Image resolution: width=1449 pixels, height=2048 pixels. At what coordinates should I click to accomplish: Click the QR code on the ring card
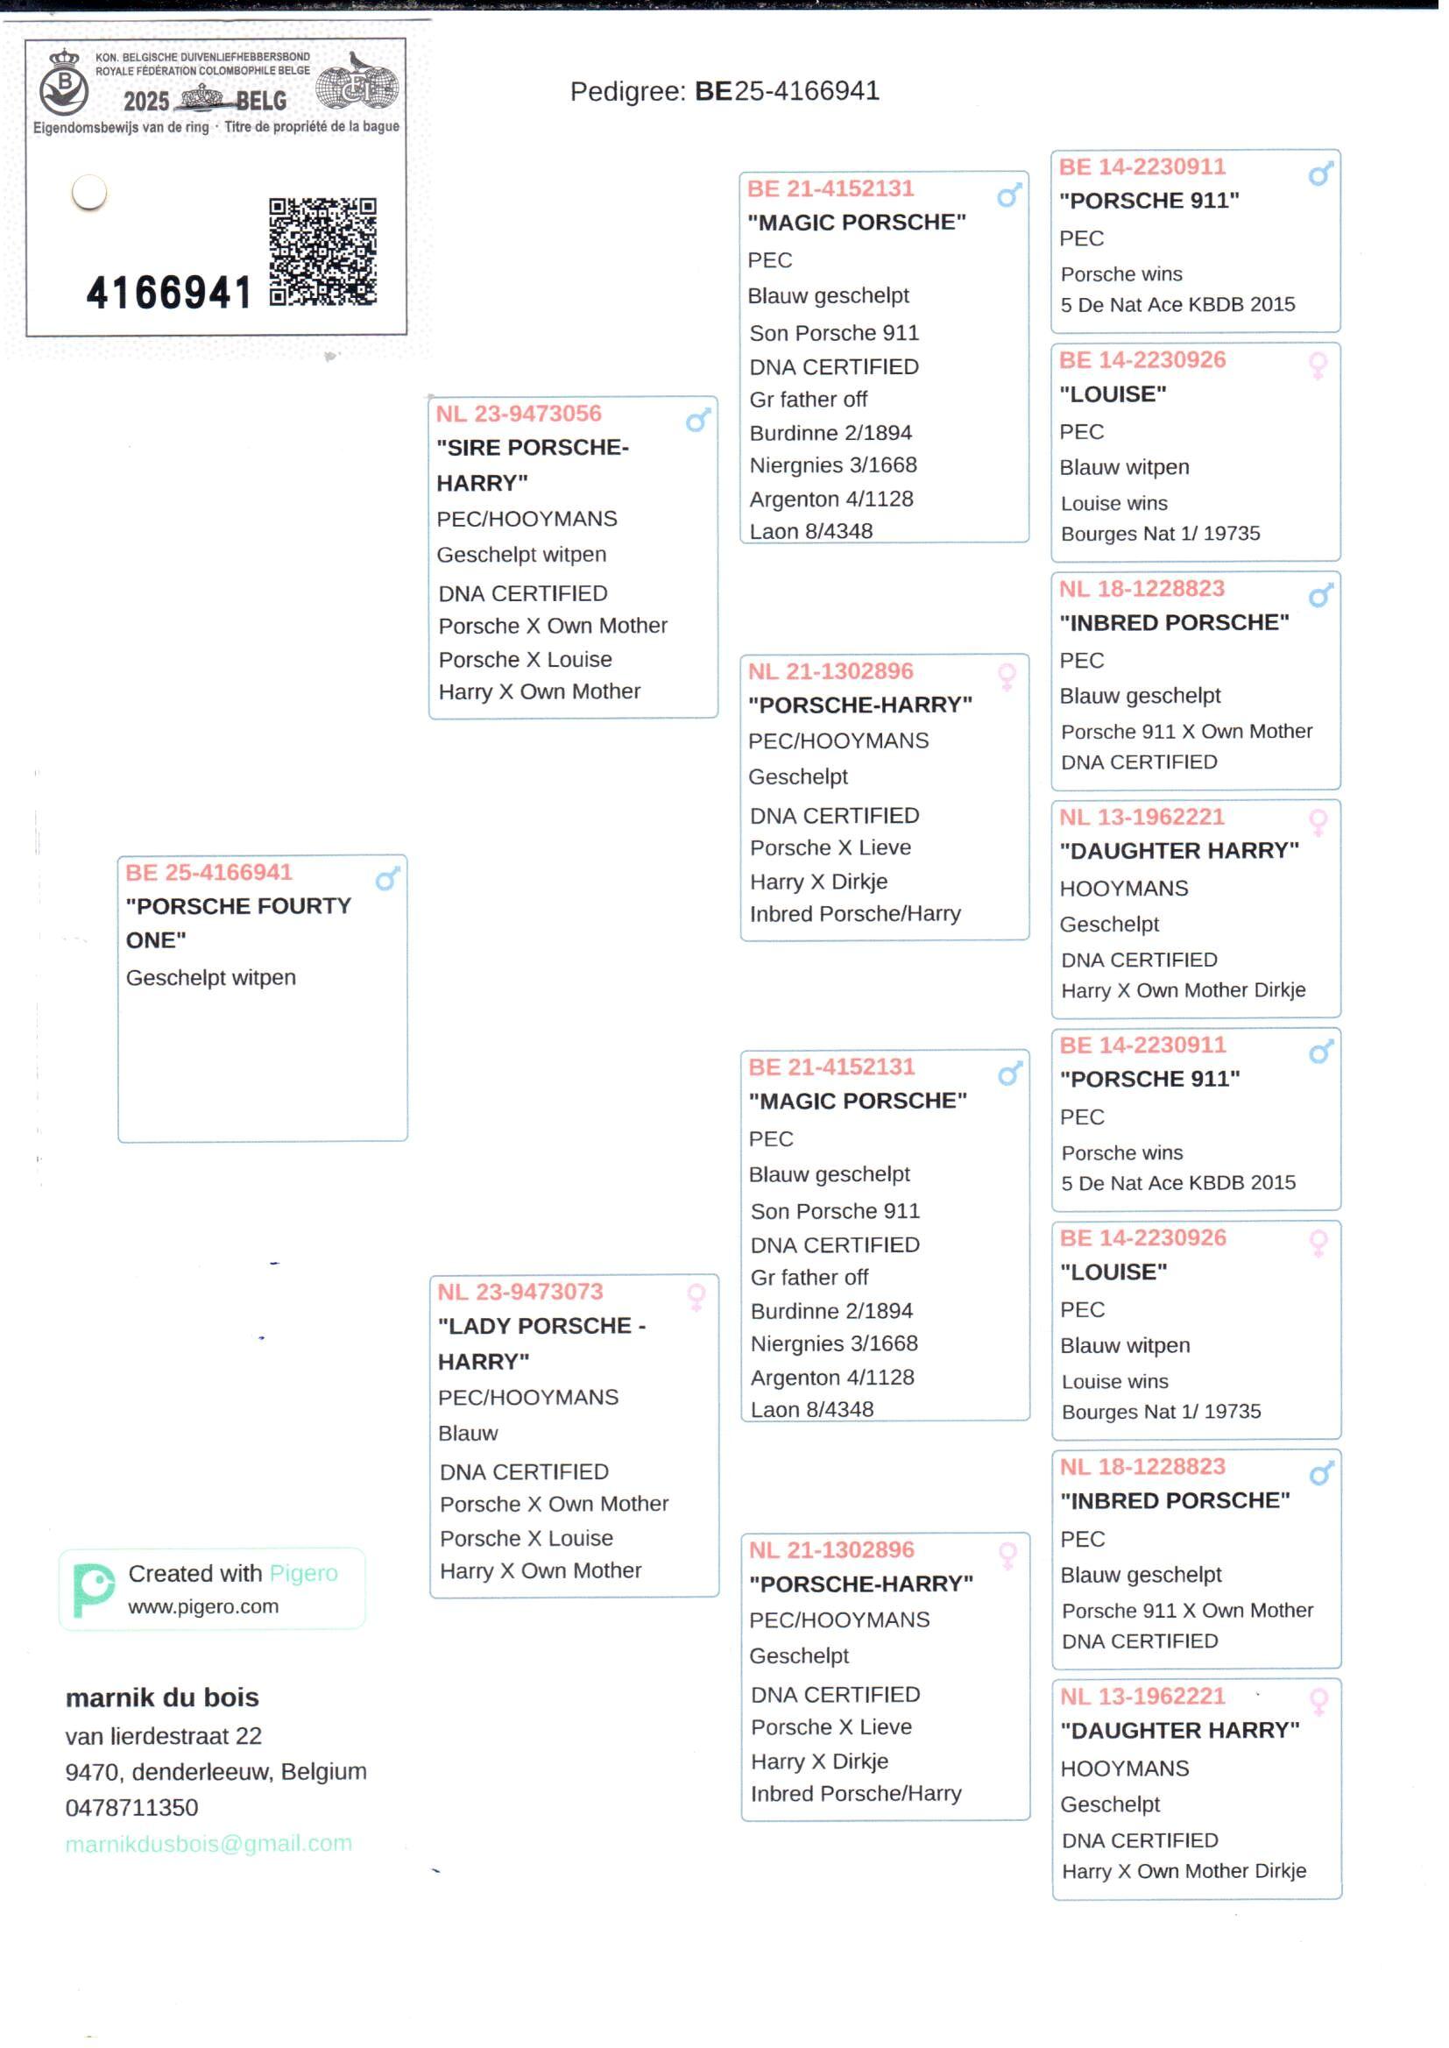click(x=322, y=252)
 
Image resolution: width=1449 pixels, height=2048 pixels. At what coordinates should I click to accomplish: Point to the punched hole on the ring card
click(x=89, y=192)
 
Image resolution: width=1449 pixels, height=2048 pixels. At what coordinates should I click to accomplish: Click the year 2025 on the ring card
click(x=145, y=101)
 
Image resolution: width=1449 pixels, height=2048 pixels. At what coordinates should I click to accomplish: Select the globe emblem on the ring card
click(x=357, y=87)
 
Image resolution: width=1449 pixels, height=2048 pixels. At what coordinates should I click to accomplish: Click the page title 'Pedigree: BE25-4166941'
click(x=724, y=91)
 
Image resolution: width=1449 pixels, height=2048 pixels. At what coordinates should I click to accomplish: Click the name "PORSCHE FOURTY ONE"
click(x=237, y=923)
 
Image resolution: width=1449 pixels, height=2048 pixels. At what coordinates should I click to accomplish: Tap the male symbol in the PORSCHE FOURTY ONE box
click(x=387, y=879)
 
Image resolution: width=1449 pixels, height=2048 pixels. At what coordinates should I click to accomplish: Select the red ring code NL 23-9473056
click(x=519, y=414)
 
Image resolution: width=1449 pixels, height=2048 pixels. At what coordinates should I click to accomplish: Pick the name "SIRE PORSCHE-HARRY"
click(x=532, y=465)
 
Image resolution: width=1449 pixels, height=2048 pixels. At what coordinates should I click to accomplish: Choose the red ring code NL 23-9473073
click(x=520, y=1292)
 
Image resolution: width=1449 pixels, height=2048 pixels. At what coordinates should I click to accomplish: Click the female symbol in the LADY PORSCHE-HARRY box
click(x=696, y=1297)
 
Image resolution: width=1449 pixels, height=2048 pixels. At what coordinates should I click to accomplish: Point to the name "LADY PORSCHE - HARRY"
click(x=541, y=1344)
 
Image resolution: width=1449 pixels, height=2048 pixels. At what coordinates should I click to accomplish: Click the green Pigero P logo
click(x=93, y=1591)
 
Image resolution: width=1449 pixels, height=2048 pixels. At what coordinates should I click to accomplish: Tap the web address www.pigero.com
click(x=203, y=1607)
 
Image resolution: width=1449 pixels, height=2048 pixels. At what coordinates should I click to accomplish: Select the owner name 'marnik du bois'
click(x=162, y=1698)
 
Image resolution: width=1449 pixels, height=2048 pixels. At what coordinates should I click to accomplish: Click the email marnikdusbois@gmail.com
click(x=209, y=1844)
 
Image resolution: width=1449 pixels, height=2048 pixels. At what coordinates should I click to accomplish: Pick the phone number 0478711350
click(x=132, y=1808)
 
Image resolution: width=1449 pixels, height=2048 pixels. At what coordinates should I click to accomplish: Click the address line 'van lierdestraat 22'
click(x=163, y=1737)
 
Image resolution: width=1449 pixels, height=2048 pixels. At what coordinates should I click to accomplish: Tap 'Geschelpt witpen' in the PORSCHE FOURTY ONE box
click(x=210, y=978)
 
